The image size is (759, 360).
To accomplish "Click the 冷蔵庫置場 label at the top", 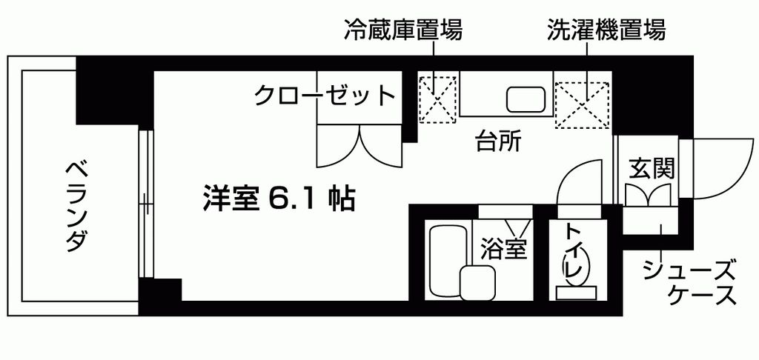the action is [403, 31].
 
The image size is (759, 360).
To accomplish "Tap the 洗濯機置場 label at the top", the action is [606, 31].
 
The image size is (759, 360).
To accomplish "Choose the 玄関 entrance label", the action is [652, 168].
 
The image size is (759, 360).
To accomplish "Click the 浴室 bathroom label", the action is [503, 248].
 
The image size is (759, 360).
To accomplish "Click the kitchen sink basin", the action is [526, 98].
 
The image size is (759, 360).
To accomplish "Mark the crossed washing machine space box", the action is [584, 102].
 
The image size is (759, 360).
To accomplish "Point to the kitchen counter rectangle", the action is [506, 94].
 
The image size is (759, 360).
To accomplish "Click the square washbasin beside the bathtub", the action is [478, 282].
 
